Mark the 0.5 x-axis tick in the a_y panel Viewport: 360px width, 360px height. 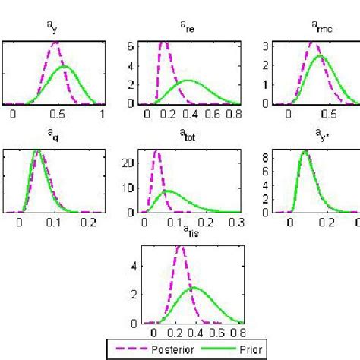pos(57,114)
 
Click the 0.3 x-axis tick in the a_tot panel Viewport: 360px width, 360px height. pos(235,224)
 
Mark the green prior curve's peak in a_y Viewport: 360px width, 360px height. pos(65,67)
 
